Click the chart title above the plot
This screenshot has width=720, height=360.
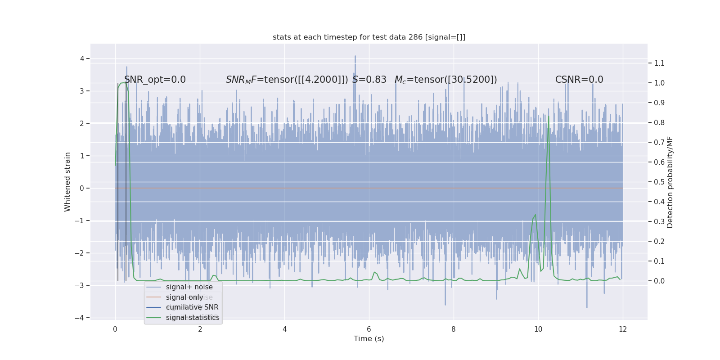369,37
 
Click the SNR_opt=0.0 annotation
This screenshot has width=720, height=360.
155,80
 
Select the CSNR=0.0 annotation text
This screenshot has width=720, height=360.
579,80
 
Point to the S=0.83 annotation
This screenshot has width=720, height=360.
369,80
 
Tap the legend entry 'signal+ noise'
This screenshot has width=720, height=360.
189,287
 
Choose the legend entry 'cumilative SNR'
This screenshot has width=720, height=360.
192,307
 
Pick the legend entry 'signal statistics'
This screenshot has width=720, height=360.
193,318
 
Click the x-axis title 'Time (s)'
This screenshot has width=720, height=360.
369,339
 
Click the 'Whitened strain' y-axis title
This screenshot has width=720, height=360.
67,182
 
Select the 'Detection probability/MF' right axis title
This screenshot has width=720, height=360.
670,182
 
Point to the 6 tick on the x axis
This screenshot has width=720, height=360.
369,329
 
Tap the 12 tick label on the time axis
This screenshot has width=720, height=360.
622,329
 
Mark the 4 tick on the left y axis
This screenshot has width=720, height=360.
82,58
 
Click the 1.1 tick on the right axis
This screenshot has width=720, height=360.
659,63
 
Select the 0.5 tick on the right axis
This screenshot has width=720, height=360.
659,182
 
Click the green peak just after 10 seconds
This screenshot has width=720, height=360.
548,117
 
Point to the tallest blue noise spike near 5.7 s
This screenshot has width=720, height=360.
355,57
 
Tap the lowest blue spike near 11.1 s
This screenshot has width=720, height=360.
587,307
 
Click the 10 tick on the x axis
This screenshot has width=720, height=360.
538,329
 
